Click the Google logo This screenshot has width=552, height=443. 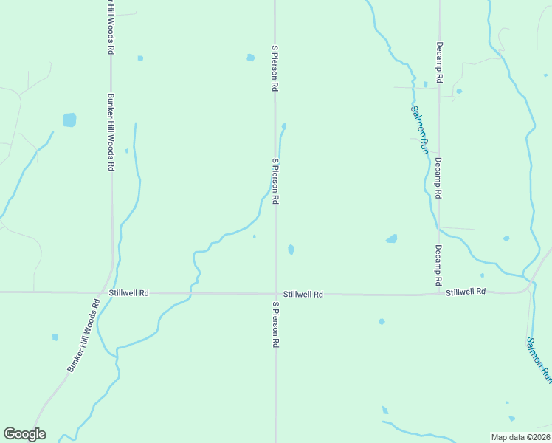tap(24, 434)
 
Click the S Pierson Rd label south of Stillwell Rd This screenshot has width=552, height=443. tap(275, 325)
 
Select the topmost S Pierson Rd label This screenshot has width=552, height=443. tap(275, 68)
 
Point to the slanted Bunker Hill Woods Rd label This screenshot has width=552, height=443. tap(83, 335)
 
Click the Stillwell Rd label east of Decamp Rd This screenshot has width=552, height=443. tap(466, 292)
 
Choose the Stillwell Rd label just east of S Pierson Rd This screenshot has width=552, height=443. tap(303, 294)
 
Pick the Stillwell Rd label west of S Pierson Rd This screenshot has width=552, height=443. tap(128, 293)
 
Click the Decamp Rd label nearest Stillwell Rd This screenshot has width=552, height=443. tap(438, 265)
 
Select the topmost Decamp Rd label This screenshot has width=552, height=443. tap(438, 61)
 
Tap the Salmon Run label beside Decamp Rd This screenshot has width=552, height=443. tap(419, 130)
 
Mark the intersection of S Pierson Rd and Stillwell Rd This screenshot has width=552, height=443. tap(275, 293)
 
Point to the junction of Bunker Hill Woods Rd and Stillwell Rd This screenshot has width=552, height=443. tap(107, 292)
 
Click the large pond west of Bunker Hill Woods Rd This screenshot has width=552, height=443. tap(69, 120)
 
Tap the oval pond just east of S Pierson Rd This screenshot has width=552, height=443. tap(291, 250)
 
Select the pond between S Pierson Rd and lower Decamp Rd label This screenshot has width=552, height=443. tap(391, 238)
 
